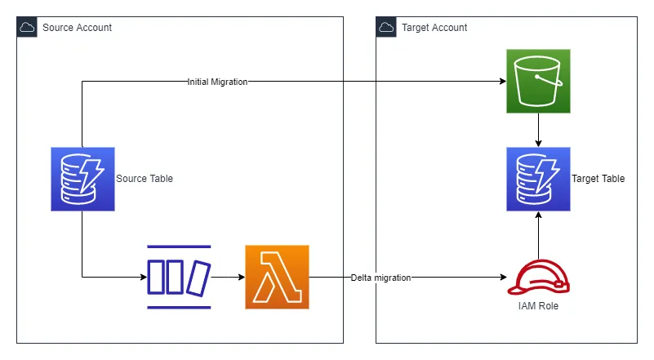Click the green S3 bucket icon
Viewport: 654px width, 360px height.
tap(538, 81)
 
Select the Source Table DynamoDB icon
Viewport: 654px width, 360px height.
tap(82, 179)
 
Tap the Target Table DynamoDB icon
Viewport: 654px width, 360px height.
tap(538, 179)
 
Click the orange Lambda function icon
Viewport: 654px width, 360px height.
tap(277, 277)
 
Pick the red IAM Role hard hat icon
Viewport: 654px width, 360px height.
tap(538, 277)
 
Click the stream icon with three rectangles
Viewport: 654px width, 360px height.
tap(179, 277)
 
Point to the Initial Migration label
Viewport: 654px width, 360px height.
tap(217, 82)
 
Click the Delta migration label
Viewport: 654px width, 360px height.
tap(380, 278)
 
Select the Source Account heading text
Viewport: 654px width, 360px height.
tap(77, 28)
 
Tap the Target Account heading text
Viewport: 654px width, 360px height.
tap(434, 28)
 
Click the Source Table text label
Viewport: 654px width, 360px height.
tap(145, 179)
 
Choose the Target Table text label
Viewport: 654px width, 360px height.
tap(598, 179)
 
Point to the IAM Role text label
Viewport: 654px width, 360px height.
tap(538, 306)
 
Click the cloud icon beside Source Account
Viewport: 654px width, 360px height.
tap(27, 28)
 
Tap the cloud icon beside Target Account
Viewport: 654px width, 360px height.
tap(386, 28)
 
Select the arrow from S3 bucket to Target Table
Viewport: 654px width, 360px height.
tap(538, 130)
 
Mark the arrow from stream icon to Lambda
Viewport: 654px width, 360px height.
tap(229, 278)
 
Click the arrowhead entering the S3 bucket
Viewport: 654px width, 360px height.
tap(501, 82)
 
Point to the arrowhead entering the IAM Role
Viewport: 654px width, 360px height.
tap(501, 278)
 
